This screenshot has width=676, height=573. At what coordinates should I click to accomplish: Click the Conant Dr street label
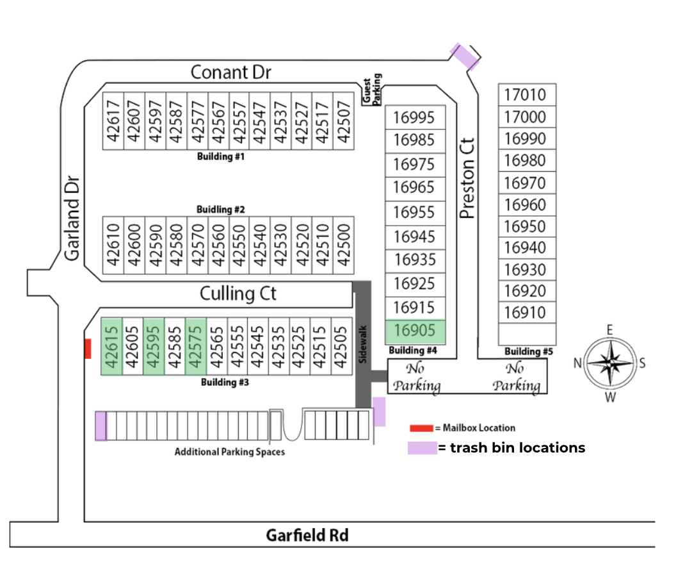pyautogui.click(x=230, y=72)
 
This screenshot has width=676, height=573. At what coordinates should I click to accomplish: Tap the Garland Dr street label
pyautogui.click(x=72, y=218)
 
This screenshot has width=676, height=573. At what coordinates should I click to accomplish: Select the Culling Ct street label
pyautogui.click(x=238, y=294)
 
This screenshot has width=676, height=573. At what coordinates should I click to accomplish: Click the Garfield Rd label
pyautogui.click(x=307, y=535)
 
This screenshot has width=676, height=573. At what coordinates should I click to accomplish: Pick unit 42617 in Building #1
pyautogui.click(x=113, y=120)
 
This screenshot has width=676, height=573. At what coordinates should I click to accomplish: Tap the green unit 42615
pyautogui.click(x=112, y=345)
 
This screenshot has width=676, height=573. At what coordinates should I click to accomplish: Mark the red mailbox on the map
pyautogui.click(x=88, y=349)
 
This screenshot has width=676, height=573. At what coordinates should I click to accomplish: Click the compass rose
pyautogui.click(x=610, y=363)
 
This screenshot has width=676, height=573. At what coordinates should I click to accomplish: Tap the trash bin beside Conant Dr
pyautogui.click(x=465, y=56)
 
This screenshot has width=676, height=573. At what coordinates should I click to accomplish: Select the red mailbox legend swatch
pyautogui.click(x=421, y=428)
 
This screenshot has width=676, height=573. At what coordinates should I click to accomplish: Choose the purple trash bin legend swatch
pyautogui.click(x=422, y=447)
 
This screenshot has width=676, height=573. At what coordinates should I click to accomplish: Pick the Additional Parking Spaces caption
pyautogui.click(x=229, y=452)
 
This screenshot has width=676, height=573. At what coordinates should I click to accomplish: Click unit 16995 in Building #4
pyautogui.click(x=414, y=117)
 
